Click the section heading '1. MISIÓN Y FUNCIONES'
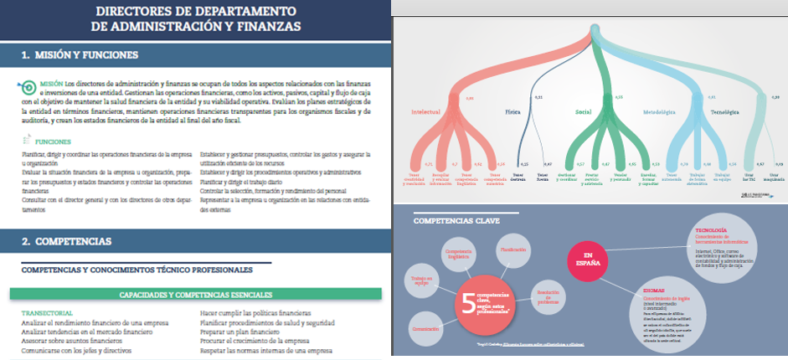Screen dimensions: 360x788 pyautogui.click(x=80, y=55)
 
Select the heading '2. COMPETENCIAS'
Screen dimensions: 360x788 pyautogui.click(x=66, y=241)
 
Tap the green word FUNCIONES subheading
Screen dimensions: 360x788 pyautogui.click(x=53, y=142)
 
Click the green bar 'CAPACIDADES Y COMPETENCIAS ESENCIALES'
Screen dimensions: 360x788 pyautogui.click(x=195, y=295)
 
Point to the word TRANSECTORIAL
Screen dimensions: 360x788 pyautogui.click(x=48, y=313)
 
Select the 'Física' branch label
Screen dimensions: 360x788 pyautogui.click(x=512, y=111)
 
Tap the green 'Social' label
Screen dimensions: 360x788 pyautogui.click(x=584, y=111)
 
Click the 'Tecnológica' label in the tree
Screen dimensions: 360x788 pyautogui.click(x=724, y=111)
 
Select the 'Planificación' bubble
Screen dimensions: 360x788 pyautogui.click(x=513, y=249)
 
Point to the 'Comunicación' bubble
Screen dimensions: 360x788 pyautogui.click(x=427, y=329)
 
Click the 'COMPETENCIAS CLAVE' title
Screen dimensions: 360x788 pyautogui.click(x=451, y=221)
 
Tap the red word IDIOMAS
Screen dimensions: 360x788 pyautogui.click(x=653, y=289)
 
